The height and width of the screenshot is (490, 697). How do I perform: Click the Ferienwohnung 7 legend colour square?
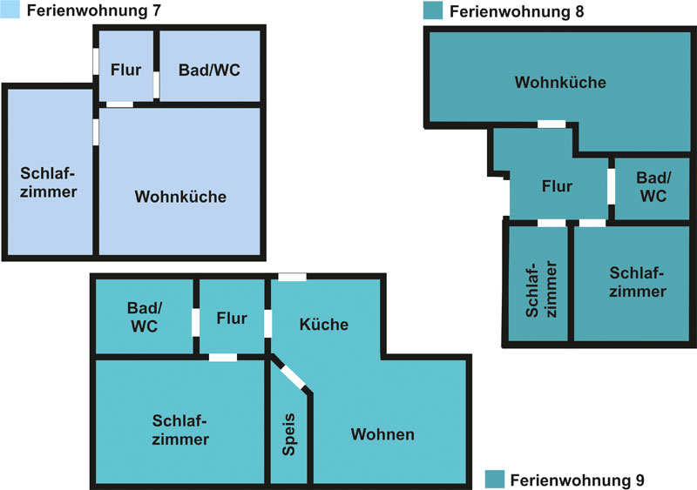coord(10,10)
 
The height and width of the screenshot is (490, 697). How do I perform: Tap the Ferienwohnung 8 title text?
coord(517,11)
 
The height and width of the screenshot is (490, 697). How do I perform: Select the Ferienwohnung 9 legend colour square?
coord(495,480)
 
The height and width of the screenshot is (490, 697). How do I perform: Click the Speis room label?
coord(289,434)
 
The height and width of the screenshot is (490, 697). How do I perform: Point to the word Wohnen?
coord(382,434)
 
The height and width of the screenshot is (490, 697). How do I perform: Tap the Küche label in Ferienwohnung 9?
coord(323,325)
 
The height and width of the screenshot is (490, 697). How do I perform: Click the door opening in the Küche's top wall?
coord(292,278)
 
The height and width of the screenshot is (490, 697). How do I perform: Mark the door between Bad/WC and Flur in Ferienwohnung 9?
coord(195,323)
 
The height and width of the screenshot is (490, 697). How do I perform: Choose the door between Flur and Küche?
coord(267,324)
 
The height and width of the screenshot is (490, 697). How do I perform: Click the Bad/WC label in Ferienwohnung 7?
coord(209,70)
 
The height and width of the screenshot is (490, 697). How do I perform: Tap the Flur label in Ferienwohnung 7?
coord(125,70)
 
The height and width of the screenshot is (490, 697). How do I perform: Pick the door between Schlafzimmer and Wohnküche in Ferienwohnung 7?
coord(96,132)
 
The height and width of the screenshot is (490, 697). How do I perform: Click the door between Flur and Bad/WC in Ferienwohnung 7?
coord(156,84)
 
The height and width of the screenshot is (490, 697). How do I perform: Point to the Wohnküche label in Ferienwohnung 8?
coord(560,82)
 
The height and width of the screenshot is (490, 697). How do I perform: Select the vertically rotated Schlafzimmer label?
coord(540,289)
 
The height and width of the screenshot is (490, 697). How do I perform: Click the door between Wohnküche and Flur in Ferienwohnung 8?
coord(552,124)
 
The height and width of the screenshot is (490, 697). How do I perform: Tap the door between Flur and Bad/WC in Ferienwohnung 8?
coord(612,186)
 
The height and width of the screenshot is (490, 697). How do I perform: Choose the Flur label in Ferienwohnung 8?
coord(557,186)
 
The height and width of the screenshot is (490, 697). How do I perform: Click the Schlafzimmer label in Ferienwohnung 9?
coord(180,430)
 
